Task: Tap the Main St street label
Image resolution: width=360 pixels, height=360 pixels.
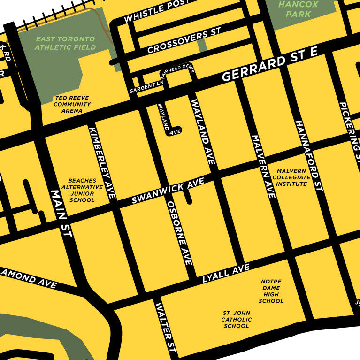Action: pyautogui.click(x=61, y=213)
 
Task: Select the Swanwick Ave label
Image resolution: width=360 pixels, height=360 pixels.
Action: pyautogui.click(x=168, y=191)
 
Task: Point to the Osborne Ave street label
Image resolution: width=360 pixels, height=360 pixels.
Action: pyautogui.click(x=180, y=233)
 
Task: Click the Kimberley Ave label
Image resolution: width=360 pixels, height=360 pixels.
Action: pyautogui.click(x=102, y=162)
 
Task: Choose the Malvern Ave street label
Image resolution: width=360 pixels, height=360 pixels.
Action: pyautogui.click(x=263, y=166)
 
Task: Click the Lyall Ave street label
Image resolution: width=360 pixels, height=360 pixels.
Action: pyautogui.click(x=226, y=274)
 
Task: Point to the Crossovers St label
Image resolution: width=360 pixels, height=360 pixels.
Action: pyautogui.click(x=184, y=41)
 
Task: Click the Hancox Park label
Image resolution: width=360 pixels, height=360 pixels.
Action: pyautogui.click(x=298, y=9)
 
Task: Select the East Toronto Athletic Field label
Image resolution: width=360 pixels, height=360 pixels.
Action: pyautogui.click(x=65, y=43)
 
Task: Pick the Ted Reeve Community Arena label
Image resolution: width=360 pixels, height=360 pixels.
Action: pyautogui.click(x=72, y=104)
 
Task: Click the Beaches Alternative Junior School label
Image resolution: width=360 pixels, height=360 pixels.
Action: pyautogui.click(x=82, y=190)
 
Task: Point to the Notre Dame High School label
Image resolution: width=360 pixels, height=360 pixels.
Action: pyautogui.click(x=271, y=291)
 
